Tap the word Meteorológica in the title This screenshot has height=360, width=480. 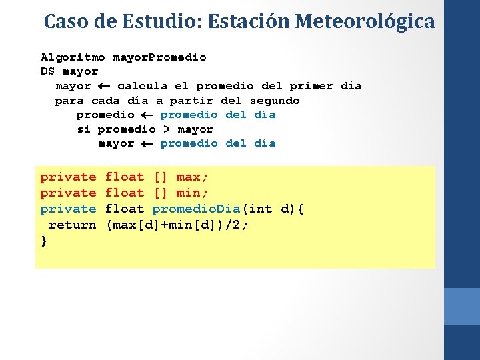[x=365, y=21]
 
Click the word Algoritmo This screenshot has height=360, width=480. [x=73, y=57]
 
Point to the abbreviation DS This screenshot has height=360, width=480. [x=47, y=71]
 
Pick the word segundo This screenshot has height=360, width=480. [x=275, y=101]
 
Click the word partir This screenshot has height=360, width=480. [x=191, y=101]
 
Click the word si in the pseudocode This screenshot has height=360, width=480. [x=83, y=129]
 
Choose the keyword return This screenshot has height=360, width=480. [x=73, y=225]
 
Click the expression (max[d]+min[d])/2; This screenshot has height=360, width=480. [x=177, y=225]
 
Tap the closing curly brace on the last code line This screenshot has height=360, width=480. [x=44, y=241]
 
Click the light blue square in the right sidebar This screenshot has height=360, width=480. [x=462, y=306]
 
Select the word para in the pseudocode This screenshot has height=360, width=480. [x=69, y=101]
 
